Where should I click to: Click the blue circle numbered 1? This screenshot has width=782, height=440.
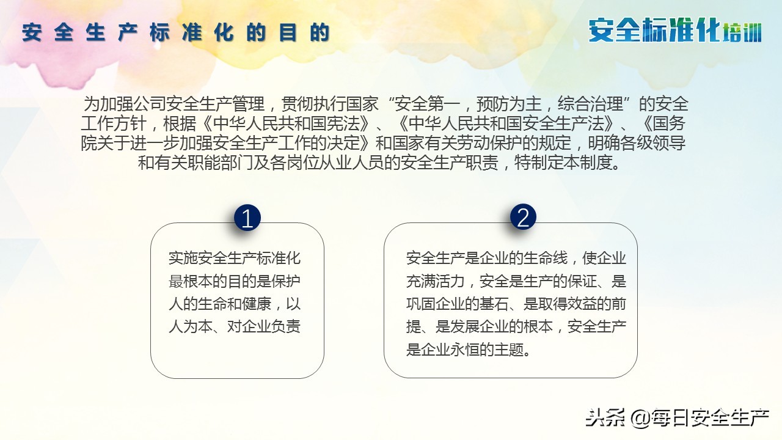click(247, 218)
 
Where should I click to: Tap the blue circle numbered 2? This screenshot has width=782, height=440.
click(523, 218)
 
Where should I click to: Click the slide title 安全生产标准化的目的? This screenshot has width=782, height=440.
click(176, 33)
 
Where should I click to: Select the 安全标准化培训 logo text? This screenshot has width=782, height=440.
click(675, 31)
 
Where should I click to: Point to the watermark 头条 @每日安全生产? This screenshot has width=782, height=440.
click(677, 418)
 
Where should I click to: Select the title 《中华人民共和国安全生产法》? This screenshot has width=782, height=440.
click(503, 123)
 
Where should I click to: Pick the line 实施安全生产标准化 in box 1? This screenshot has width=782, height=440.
click(235, 257)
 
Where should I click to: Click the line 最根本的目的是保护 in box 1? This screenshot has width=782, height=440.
click(235, 280)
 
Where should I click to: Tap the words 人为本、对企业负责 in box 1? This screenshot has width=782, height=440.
click(235, 326)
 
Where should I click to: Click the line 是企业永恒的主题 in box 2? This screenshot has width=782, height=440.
click(467, 350)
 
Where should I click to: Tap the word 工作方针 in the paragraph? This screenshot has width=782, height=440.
click(114, 123)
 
